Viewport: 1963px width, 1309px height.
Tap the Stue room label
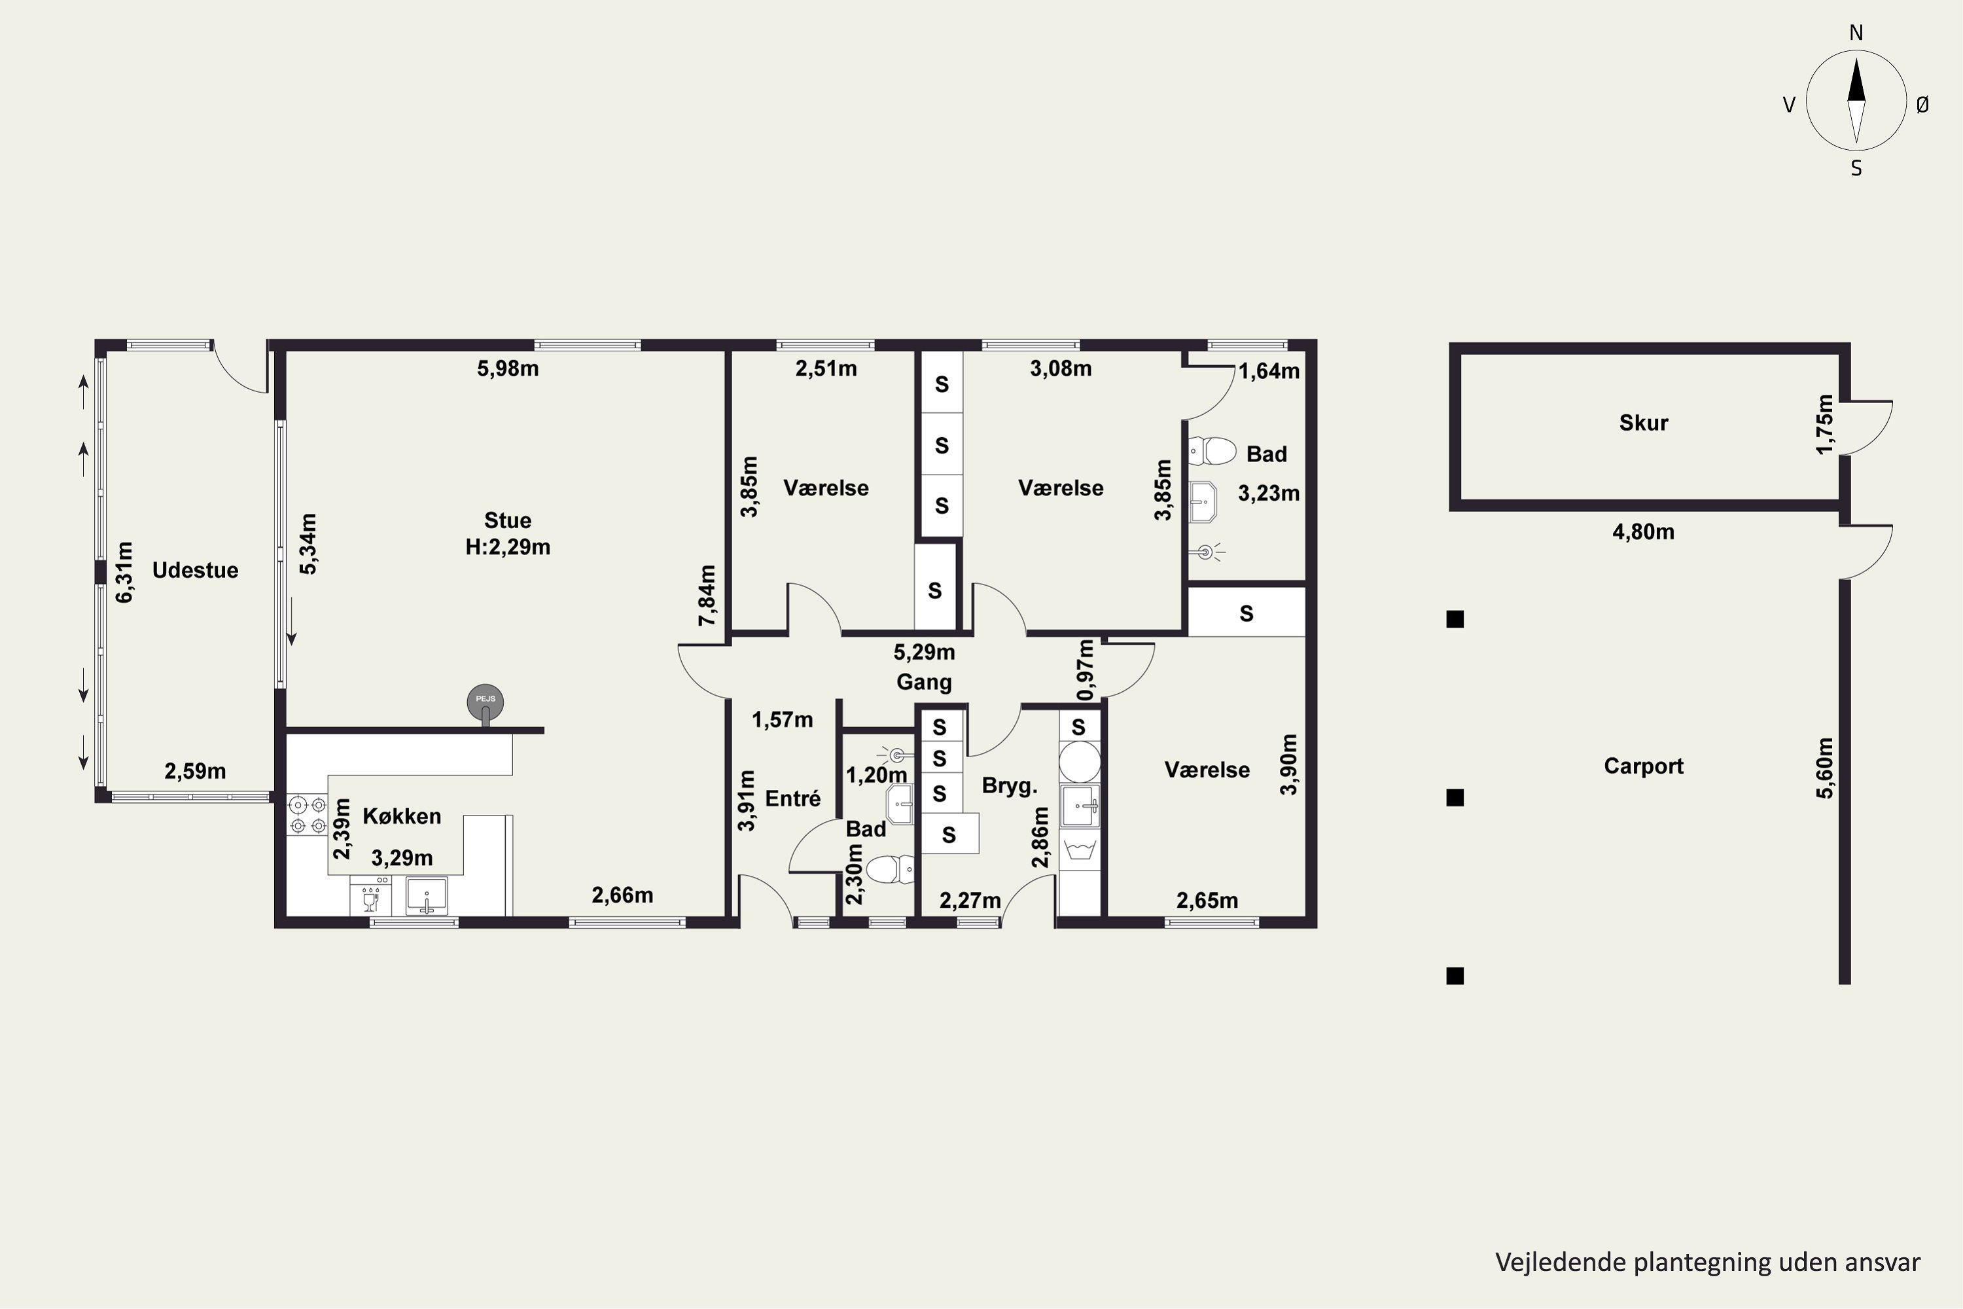point(508,520)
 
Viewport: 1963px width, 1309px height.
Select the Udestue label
point(195,570)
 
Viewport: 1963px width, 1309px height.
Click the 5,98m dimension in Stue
point(508,368)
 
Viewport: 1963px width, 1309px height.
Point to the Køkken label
point(402,816)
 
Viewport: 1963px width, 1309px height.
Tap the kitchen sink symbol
point(427,896)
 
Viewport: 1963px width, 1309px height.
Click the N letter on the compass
point(1856,33)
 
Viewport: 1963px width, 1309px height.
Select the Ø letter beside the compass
point(1923,104)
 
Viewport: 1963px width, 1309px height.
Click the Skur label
point(1643,422)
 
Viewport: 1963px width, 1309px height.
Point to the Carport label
point(1643,766)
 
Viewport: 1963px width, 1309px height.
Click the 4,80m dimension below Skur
point(1643,531)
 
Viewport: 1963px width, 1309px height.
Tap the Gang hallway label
point(924,682)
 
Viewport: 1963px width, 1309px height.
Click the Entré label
point(793,799)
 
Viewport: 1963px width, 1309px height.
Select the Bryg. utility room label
point(1010,785)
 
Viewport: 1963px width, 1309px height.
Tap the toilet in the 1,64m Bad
point(1212,451)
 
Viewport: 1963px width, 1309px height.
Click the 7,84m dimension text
point(707,595)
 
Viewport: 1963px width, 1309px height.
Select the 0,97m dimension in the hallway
point(1086,670)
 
